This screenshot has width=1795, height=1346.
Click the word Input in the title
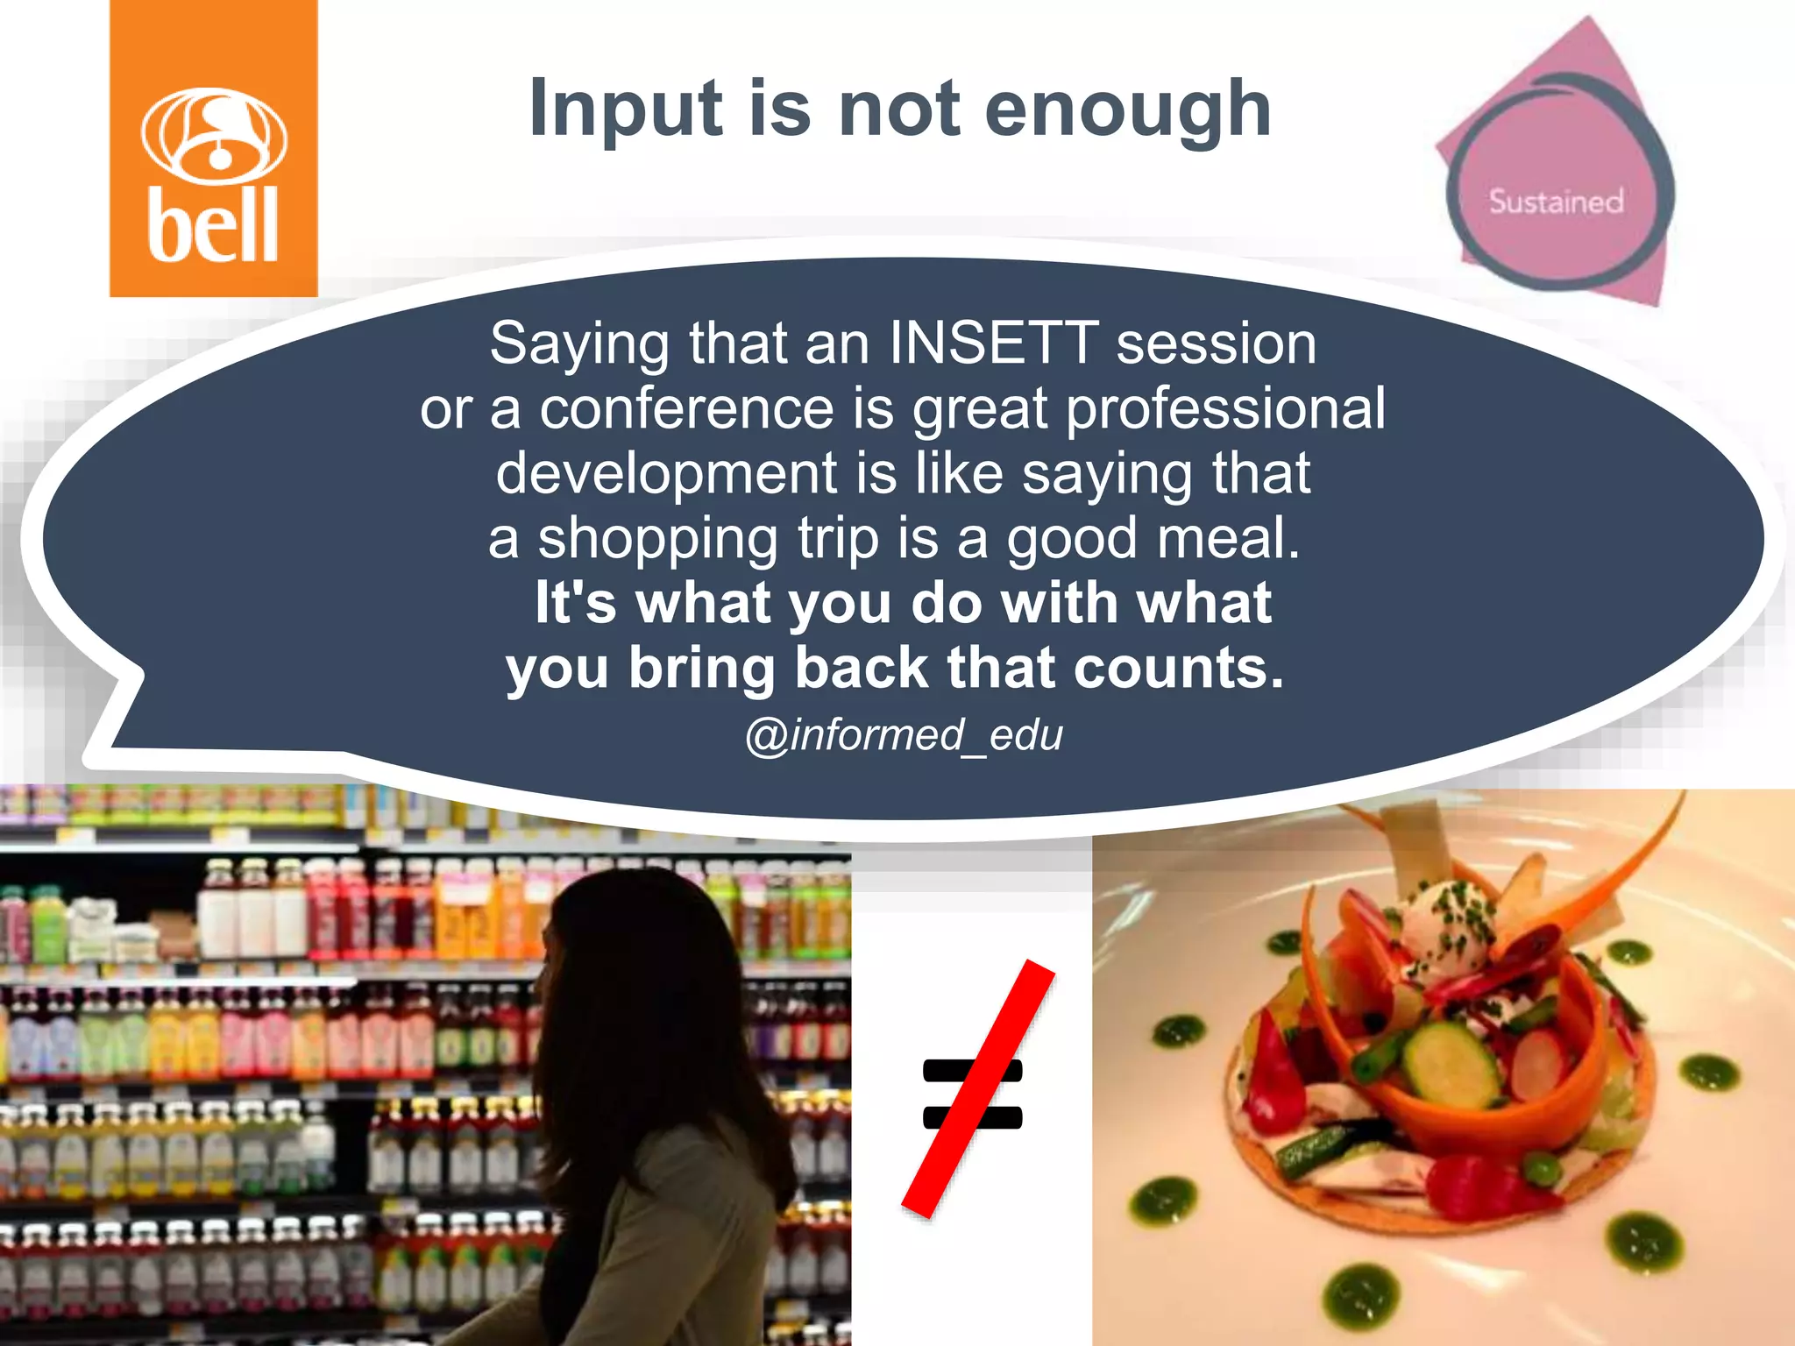click(626, 109)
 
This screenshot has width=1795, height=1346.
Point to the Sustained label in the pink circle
click(1557, 202)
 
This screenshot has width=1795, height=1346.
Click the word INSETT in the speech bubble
click(993, 343)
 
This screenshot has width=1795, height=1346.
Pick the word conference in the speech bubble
click(686, 408)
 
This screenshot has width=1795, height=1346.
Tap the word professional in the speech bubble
click(1225, 408)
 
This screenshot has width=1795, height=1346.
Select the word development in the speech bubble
click(666, 473)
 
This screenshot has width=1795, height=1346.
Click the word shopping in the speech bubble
click(657, 538)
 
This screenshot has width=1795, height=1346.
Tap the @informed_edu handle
click(904, 734)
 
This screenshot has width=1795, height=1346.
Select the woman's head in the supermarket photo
click(631, 955)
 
